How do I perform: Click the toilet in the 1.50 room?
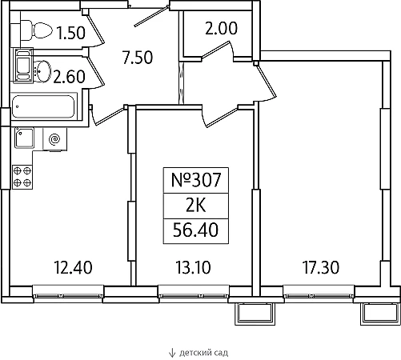36,30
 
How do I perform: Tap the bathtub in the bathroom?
43,106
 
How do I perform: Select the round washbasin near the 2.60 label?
43,70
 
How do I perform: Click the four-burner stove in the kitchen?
22,178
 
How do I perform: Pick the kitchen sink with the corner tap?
25,138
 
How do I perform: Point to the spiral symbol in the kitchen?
54,139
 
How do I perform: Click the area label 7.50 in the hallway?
138,58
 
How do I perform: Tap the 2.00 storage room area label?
221,28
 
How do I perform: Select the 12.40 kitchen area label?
73,267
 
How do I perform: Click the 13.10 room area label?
193,267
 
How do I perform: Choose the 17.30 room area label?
321,267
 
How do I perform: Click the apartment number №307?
196,180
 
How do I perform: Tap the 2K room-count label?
196,206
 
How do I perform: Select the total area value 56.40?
195,230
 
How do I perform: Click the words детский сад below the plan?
203,353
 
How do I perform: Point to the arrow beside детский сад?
172,353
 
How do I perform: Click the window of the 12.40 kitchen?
68,294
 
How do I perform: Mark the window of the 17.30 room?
319,294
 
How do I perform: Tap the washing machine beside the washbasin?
23,65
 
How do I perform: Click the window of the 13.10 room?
194,294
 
